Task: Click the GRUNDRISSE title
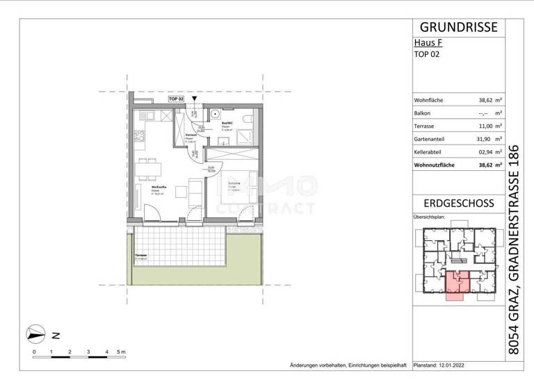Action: [x=459, y=27]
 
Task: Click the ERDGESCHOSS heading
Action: [x=459, y=204]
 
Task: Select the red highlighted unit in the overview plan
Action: [x=456, y=284]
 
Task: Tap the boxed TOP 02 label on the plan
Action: [x=176, y=100]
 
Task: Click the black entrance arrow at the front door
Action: [x=194, y=100]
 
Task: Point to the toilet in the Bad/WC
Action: [x=248, y=121]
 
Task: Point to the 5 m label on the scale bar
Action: [x=121, y=353]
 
